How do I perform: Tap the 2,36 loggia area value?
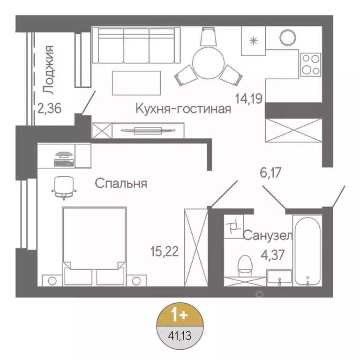click(50, 110)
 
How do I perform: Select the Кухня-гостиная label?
click(183, 109)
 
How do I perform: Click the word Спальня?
click(121, 183)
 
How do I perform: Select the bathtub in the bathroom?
click(307, 251)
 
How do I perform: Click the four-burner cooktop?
click(310, 64)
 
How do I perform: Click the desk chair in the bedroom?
click(63, 186)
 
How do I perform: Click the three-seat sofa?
click(136, 45)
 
